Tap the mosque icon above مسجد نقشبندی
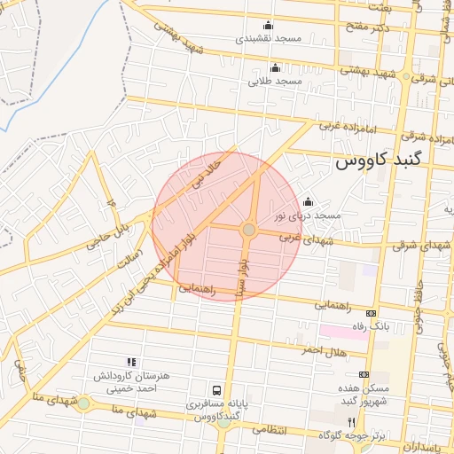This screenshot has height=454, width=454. point(269,25)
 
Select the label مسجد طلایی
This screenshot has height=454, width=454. point(275,81)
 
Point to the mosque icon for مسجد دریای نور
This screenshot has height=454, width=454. point(308,201)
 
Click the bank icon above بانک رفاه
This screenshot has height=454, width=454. point(370,313)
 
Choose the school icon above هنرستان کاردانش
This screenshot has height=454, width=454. point(131,362)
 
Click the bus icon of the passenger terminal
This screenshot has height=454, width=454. point(216,389)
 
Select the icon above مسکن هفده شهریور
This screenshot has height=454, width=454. point(364,375)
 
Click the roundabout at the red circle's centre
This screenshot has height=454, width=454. point(249,230)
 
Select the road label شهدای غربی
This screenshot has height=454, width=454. point(305,239)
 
